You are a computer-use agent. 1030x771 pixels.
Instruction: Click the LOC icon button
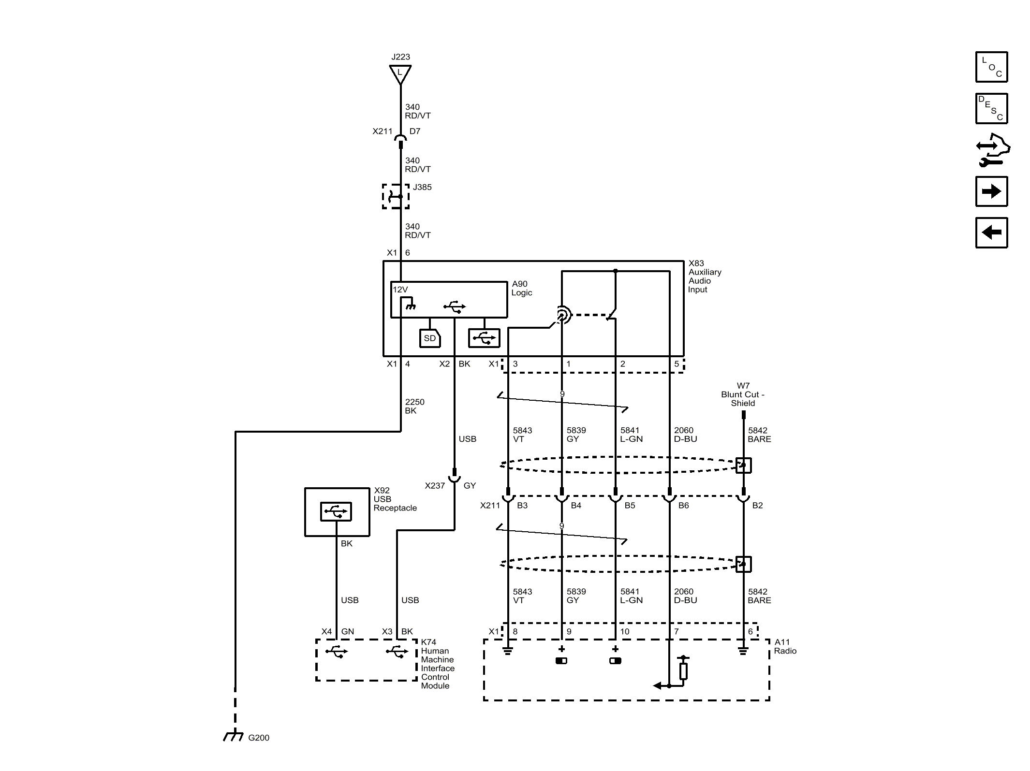tap(991, 67)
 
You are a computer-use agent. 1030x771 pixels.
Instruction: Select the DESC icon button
tap(991, 109)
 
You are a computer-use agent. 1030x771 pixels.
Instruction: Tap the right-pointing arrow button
tap(991, 191)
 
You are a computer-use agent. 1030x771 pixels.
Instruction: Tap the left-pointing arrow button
tap(991, 233)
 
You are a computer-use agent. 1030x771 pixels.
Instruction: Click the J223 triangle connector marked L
tap(400, 74)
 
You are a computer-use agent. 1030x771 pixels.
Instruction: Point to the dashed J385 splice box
tap(396, 196)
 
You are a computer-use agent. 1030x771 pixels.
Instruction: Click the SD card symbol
tap(430, 338)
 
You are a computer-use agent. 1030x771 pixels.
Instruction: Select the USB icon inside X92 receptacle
tap(336, 511)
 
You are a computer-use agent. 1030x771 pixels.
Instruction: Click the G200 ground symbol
tap(234, 736)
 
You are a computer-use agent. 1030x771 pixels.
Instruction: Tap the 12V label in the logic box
tap(400, 290)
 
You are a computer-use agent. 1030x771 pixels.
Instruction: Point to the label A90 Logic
tap(521, 288)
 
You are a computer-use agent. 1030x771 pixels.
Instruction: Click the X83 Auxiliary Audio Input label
tap(705, 276)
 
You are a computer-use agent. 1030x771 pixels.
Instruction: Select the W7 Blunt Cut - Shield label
tap(743, 394)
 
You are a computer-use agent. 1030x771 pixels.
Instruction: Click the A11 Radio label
tap(785, 646)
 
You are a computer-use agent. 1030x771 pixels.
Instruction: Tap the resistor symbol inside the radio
tap(683, 670)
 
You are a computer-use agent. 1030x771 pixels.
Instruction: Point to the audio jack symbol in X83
tap(562, 316)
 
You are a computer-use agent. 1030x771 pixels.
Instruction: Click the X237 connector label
tap(435, 486)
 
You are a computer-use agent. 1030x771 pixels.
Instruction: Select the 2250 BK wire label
tap(414, 406)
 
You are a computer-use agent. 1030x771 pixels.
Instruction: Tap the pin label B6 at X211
tap(683, 506)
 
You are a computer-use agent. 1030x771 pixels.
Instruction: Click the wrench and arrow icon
tap(992, 150)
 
